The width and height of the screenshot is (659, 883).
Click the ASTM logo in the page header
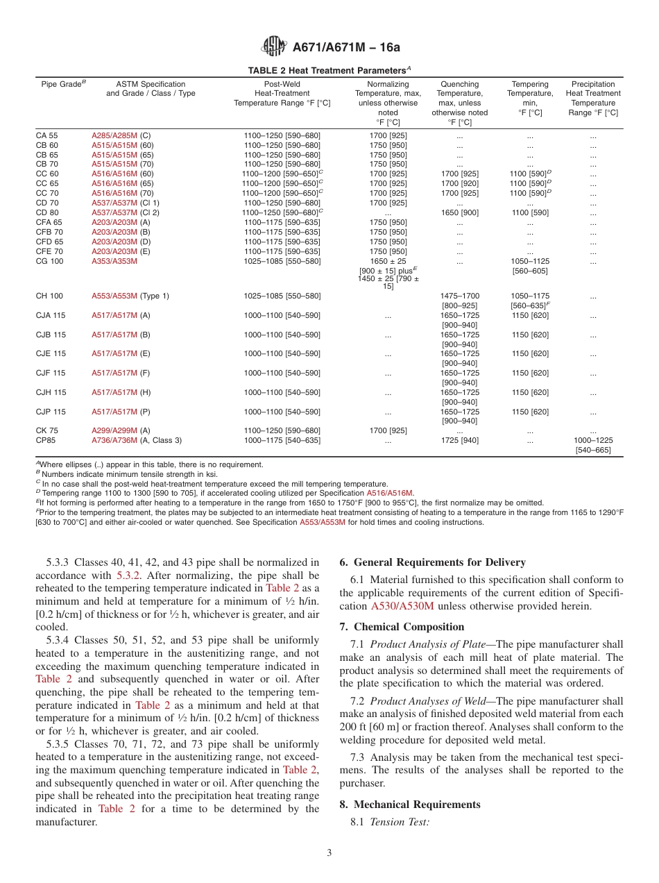click(x=274, y=47)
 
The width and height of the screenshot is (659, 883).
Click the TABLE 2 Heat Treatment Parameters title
click(x=329, y=71)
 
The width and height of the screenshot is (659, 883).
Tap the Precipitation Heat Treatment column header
click(x=592, y=98)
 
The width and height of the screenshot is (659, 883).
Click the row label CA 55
click(x=47, y=136)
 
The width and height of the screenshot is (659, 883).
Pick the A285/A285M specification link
click(x=114, y=136)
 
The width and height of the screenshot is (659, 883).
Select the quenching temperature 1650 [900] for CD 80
click(x=459, y=212)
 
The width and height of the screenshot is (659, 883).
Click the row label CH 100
click(x=49, y=296)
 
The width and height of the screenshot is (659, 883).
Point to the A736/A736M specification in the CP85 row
click(x=114, y=440)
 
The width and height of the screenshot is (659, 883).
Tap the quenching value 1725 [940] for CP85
click(x=459, y=440)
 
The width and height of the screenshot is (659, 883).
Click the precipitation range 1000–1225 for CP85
click(x=592, y=440)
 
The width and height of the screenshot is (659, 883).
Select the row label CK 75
click(x=47, y=430)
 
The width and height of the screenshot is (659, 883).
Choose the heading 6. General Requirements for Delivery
click(x=432, y=562)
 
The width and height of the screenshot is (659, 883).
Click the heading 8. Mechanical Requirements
click(x=410, y=805)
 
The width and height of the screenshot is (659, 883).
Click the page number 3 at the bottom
click(x=329, y=853)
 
